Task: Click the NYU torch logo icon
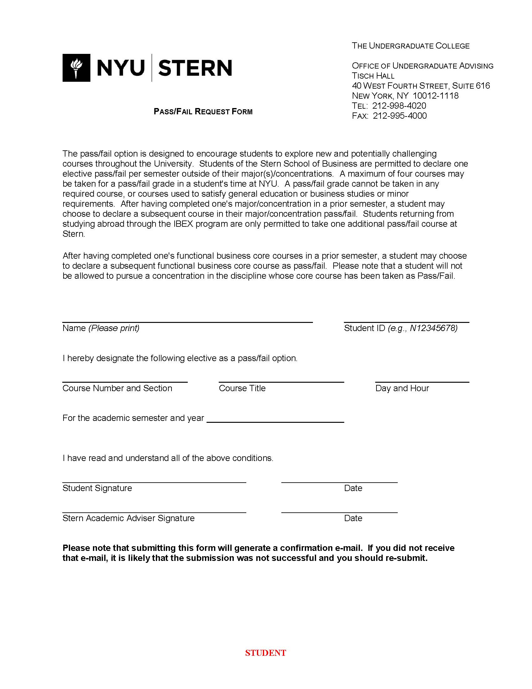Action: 76,68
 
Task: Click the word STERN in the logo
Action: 195,68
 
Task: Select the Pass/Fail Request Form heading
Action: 203,111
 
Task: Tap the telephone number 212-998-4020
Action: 399,106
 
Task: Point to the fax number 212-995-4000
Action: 400,116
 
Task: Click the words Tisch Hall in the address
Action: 373,76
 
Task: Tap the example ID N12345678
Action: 433,328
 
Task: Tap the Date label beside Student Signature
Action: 353,488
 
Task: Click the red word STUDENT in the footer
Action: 265,653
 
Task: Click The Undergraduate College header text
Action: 410,46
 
